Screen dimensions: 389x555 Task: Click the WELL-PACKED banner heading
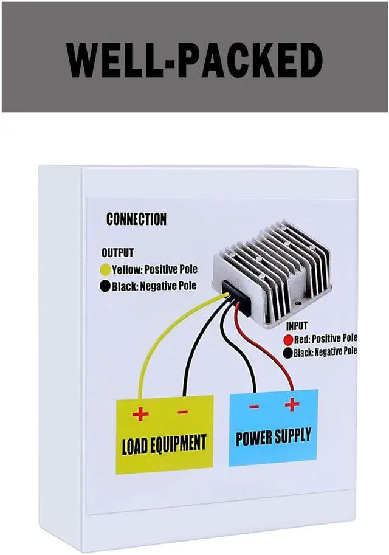tap(194, 59)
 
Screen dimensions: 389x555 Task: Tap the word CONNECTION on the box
tap(136, 219)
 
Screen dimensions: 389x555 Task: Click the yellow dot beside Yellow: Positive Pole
tap(105, 269)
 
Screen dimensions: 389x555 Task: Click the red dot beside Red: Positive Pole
tap(289, 339)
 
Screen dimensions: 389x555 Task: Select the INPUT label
tap(296, 326)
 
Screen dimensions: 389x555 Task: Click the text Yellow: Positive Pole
tap(154, 269)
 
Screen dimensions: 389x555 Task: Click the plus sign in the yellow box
tap(140, 415)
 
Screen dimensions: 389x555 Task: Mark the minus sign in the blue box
tap(255, 407)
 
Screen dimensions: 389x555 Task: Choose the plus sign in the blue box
tap(292, 404)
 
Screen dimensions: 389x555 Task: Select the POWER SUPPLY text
tap(273, 436)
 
